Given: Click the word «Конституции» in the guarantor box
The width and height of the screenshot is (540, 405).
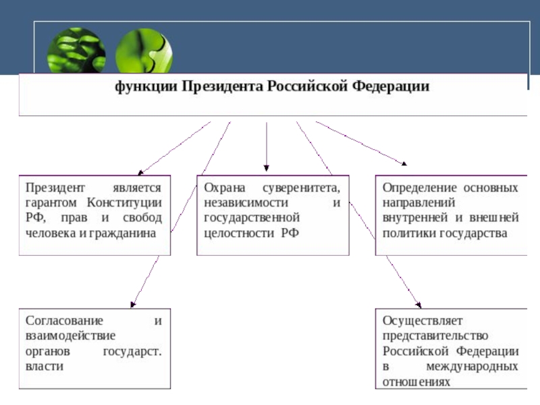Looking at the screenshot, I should [x=124, y=202].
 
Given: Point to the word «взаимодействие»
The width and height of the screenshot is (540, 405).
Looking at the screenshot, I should [x=71, y=335].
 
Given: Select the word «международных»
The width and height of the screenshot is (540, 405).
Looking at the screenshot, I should [x=473, y=366].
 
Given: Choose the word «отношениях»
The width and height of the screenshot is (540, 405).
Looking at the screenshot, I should [x=416, y=381].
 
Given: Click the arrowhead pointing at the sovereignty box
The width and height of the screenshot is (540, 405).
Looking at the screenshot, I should [x=267, y=167].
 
